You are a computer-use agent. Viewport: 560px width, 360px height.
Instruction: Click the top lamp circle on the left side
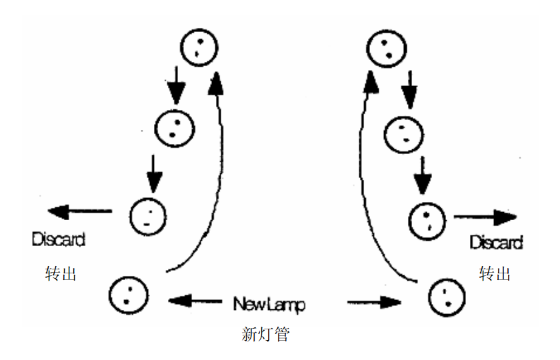pyautogui.click(x=199, y=48)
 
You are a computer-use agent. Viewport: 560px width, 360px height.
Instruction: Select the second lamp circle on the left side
pyautogui.click(x=175, y=127)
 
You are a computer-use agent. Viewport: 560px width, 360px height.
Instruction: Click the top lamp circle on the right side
pyautogui.click(x=385, y=48)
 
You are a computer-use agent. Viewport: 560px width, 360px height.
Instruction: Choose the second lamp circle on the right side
pyautogui.click(x=403, y=131)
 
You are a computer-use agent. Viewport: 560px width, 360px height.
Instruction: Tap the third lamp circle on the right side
pyautogui.click(x=426, y=219)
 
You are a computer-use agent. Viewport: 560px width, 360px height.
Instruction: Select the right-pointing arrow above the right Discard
pyautogui.click(x=485, y=217)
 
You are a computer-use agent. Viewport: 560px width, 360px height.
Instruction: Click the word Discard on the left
pyautogui.click(x=59, y=239)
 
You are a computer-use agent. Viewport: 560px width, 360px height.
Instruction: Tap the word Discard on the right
pyautogui.click(x=496, y=242)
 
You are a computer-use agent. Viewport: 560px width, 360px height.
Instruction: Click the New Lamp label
pyautogui.click(x=269, y=305)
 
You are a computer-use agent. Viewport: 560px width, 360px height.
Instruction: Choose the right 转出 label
pyautogui.click(x=495, y=273)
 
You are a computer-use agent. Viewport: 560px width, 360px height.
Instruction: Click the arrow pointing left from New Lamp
pyautogui.click(x=195, y=301)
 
